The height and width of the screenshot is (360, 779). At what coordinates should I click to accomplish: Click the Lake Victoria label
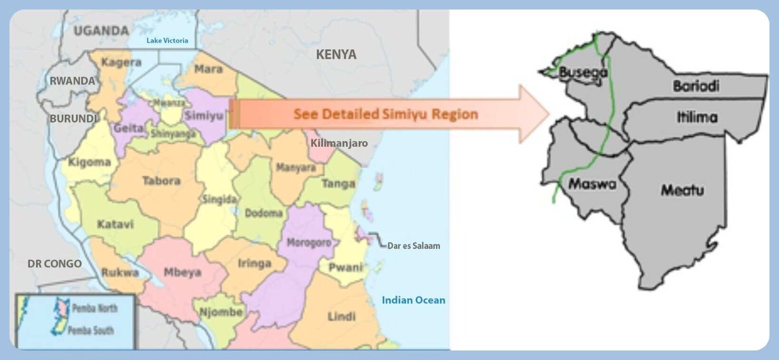tap(167, 41)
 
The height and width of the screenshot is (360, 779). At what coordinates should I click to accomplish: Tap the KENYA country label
tap(336, 55)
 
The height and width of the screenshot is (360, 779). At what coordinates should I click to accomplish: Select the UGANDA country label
tap(101, 31)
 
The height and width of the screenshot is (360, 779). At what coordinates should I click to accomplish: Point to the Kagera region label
tap(122, 62)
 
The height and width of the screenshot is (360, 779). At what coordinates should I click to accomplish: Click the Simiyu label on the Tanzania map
tap(204, 115)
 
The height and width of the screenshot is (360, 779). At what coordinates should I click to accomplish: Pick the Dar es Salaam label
tap(414, 246)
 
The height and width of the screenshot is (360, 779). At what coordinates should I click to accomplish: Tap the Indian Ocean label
tap(413, 300)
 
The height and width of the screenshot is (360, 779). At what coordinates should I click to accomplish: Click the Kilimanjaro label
tap(339, 143)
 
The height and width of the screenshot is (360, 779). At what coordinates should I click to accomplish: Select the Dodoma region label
tap(264, 213)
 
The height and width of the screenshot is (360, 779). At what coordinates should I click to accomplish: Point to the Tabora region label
tap(161, 181)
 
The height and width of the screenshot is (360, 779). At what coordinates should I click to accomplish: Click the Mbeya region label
tap(182, 272)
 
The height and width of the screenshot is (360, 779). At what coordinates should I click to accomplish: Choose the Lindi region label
tap(342, 316)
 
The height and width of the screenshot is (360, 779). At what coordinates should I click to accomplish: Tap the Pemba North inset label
tap(95, 308)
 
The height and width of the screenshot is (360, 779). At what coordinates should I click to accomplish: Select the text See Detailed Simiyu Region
tap(386, 114)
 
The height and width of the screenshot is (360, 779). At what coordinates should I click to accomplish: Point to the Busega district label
tap(583, 73)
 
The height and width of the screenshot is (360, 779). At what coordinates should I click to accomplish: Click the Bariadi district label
tap(696, 86)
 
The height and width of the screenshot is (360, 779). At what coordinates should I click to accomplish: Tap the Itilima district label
tap(697, 117)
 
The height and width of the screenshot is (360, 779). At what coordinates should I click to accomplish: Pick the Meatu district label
tap(683, 190)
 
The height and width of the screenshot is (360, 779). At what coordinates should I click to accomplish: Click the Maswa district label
tap(592, 184)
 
